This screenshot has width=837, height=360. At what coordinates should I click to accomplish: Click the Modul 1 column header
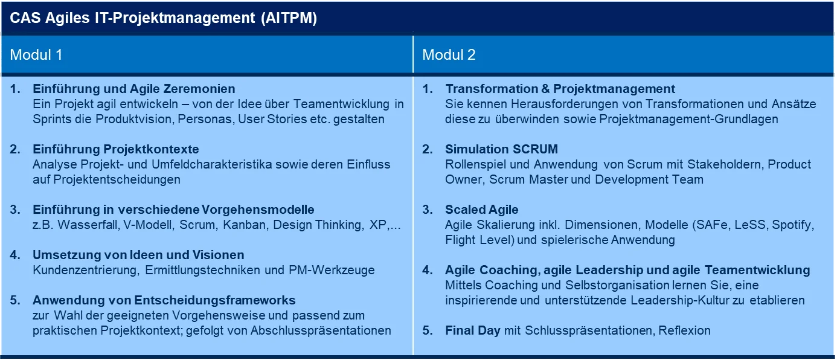tap(36, 55)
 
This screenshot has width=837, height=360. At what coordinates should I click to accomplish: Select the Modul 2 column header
tap(449, 55)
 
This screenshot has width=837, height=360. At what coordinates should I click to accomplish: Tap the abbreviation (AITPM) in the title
tap(289, 18)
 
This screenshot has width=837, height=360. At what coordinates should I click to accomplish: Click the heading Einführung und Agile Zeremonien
tap(134, 89)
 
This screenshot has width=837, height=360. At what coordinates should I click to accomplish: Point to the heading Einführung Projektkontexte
tap(116, 149)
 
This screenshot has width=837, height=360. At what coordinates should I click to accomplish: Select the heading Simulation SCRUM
tap(501, 149)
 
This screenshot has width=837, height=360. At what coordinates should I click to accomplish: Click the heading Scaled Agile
tap(482, 210)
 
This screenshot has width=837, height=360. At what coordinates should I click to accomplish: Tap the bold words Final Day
tap(473, 330)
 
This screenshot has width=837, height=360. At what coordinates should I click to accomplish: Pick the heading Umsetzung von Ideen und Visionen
tap(138, 255)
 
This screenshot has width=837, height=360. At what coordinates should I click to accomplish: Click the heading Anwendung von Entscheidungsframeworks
tap(164, 300)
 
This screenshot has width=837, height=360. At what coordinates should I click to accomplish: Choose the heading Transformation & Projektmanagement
tap(560, 89)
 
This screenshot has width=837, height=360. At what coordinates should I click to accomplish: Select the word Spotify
tap(793, 225)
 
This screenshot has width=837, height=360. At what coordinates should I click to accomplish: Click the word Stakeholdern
tap(726, 164)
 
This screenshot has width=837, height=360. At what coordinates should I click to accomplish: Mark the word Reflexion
tap(684, 330)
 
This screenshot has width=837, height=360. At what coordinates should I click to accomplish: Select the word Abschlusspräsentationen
tap(321, 331)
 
